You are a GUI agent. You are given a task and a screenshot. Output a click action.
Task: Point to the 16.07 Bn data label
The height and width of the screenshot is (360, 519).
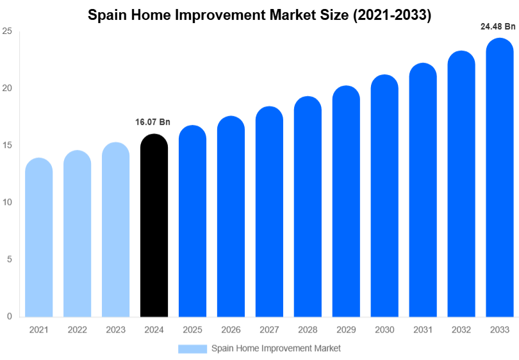point(153,122)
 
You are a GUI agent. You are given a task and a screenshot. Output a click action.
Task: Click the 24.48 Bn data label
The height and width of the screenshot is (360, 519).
point(498,26)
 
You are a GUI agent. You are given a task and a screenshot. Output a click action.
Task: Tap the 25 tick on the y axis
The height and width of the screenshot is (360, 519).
point(7,31)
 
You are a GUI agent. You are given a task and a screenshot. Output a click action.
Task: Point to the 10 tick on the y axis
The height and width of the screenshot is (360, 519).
point(7,202)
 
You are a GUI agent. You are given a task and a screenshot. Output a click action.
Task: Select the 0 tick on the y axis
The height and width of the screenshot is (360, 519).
point(9,316)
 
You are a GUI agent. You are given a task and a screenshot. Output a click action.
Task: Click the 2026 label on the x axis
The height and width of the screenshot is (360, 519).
point(231,329)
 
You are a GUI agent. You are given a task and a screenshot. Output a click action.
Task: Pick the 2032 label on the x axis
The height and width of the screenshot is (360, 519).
point(461,329)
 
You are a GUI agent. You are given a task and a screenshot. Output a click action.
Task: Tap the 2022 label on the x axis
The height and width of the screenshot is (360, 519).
point(78,329)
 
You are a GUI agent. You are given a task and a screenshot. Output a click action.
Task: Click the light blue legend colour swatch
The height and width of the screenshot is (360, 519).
point(192,348)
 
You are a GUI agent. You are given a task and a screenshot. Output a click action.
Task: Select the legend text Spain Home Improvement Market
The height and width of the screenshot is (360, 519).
point(276,348)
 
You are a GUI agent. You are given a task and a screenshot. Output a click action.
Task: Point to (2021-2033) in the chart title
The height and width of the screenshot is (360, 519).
point(392,15)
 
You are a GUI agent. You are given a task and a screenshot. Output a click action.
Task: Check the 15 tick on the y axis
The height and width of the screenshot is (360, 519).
point(7,145)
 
